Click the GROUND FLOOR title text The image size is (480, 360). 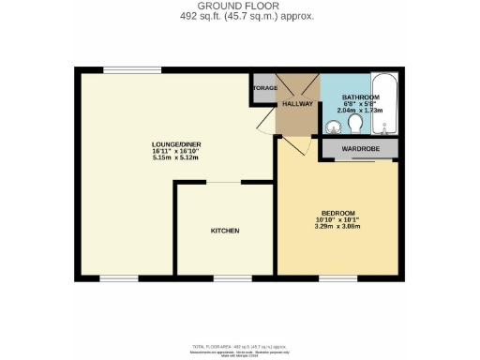(x=241, y=6)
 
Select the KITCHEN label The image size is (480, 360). (x=225, y=231)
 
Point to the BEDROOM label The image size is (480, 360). (x=338, y=212)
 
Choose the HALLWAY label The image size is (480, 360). (x=298, y=104)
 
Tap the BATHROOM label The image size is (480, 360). (x=360, y=97)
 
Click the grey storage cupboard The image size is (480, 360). (x=263, y=89)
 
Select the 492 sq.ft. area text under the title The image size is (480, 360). (x=241, y=17)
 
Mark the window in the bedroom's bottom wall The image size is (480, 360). (x=332, y=277)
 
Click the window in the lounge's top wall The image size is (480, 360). (x=123, y=69)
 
